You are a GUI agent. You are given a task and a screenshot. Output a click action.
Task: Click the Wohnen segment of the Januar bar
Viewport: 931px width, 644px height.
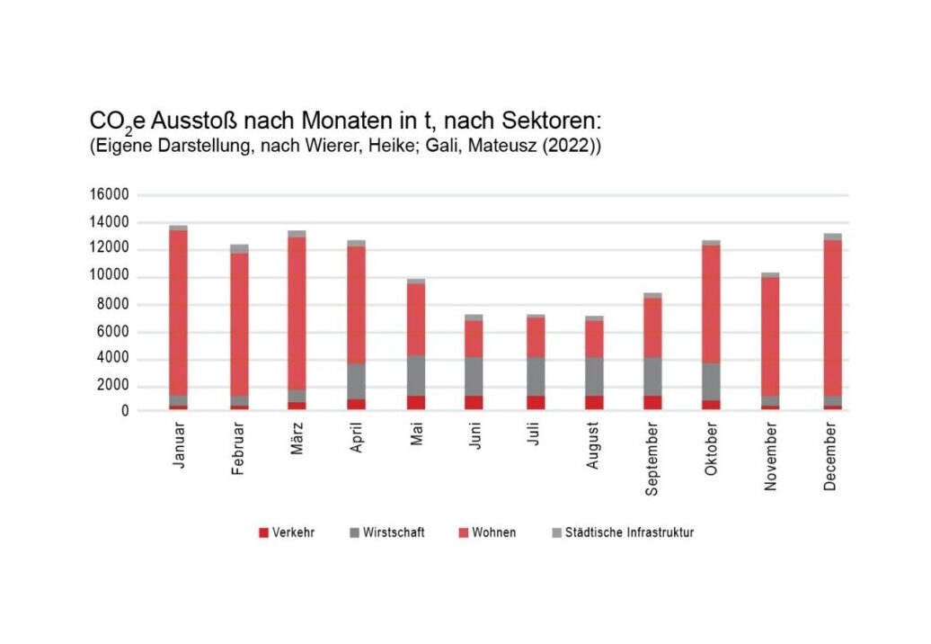(x=178, y=312)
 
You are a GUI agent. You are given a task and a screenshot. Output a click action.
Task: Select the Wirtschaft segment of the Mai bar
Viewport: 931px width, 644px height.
(x=415, y=375)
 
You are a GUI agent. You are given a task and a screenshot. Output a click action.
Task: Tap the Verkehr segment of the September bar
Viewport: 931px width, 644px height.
(x=652, y=402)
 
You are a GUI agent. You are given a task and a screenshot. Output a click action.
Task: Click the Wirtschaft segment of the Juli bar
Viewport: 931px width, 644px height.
(x=534, y=376)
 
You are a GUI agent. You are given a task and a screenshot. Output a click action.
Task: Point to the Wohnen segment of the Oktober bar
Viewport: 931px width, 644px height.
(x=712, y=304)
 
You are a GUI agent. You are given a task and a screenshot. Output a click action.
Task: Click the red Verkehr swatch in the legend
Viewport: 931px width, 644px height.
(x=263, y=532)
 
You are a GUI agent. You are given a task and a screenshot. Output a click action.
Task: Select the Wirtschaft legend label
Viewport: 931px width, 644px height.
(x=395, y=532)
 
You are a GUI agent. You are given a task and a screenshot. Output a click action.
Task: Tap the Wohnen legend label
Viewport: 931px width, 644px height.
(x=493, y=532)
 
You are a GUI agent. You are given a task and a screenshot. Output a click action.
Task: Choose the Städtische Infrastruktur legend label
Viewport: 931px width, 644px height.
(x=629, y=532)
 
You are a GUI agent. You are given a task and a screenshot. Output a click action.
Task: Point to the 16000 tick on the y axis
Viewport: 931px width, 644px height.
(x=108, y=195)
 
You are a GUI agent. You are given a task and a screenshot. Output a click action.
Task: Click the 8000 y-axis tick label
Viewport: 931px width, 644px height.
(x=111, y=304)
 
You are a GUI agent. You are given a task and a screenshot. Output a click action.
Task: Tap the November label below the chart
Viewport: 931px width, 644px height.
(x=771, y=459)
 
